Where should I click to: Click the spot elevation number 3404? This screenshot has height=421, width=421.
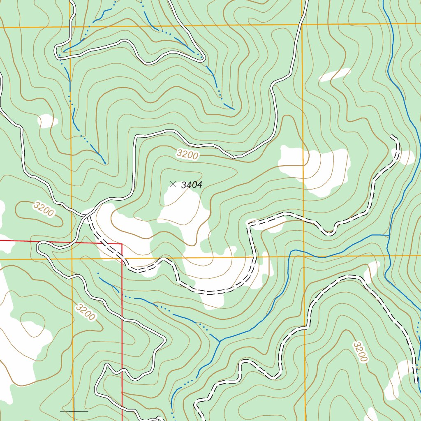[192, 185]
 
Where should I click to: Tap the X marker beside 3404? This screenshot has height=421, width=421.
[173, 184]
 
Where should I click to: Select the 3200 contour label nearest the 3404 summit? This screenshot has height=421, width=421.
[187, 155]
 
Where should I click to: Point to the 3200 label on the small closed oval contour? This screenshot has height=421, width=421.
[44, 209]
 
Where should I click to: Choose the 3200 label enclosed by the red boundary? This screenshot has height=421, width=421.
[86, 312]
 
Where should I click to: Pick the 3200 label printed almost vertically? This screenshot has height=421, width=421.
[360, 352]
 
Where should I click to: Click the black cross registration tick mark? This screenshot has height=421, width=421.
[74, 410]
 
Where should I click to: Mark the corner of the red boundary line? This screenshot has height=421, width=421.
[122, 244]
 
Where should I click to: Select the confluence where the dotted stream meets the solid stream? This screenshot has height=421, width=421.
[220, 341]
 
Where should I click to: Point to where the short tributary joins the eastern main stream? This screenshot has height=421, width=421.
[389, 236]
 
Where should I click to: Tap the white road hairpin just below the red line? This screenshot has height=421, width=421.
[39, 247]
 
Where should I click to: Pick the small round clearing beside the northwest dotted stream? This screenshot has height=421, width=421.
[47, 121]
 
